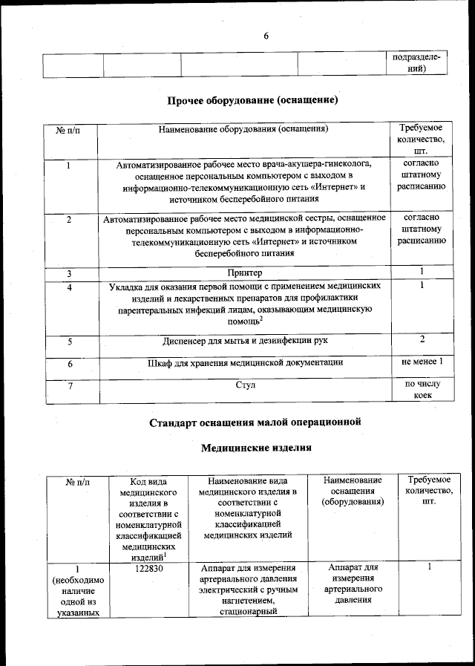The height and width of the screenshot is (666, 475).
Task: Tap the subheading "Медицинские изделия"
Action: (256, 448)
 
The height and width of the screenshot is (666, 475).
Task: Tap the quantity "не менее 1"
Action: (422, 362)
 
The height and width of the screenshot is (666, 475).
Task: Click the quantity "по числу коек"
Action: (422, 391)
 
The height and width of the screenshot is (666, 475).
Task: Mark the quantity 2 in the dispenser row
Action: (422, 339)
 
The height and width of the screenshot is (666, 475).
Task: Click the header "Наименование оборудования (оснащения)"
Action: (243, 129)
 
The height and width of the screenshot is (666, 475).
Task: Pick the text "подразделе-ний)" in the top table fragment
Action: (420, 63)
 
